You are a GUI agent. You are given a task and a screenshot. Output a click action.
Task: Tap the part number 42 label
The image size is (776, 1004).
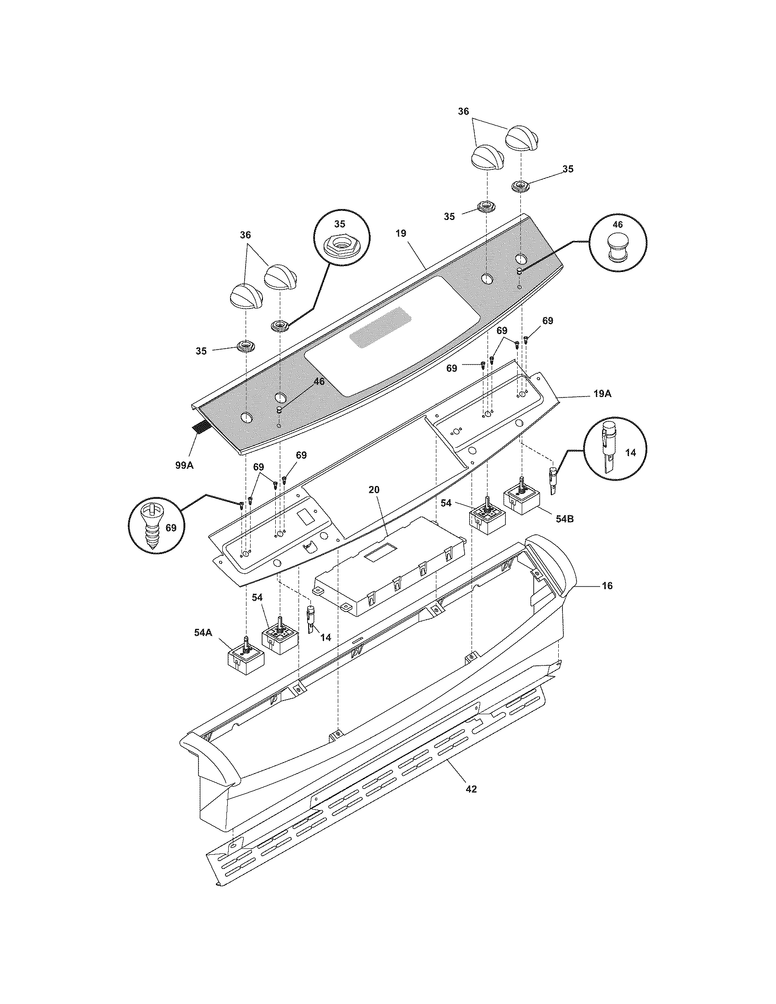click(x=471, y=789)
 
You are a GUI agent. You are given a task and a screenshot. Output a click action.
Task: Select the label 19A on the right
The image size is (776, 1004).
click(x=602, y=394)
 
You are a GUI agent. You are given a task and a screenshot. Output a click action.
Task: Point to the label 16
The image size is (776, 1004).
click(x=607, y=586)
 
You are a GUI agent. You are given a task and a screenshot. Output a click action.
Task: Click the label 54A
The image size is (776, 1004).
click(x=202, y=633)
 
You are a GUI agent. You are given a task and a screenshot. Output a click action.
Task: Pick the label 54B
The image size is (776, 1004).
click(x=564, y=519)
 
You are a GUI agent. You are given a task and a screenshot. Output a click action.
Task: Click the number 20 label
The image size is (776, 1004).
click(x=374, y=490)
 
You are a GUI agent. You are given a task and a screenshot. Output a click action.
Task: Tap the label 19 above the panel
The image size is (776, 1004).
click(x=400, y=234)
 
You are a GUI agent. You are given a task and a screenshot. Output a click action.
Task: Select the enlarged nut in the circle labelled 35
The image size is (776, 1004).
click(x=339, y=246)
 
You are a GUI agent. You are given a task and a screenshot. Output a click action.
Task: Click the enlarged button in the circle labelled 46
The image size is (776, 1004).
click(x=618, y=247)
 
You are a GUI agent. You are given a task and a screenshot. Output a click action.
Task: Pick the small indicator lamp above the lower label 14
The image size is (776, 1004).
click(x=311, y=619)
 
